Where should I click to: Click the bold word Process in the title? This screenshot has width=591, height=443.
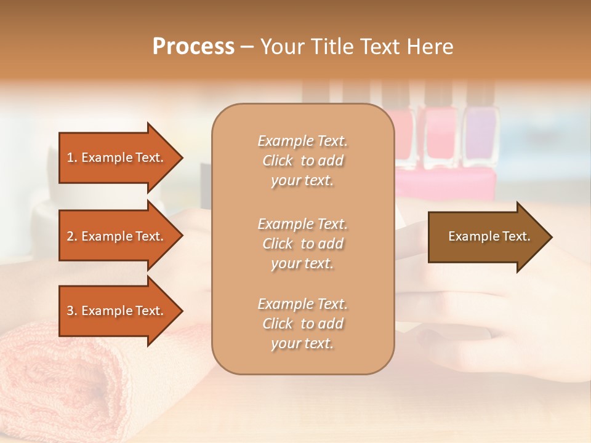[x=193, y=47]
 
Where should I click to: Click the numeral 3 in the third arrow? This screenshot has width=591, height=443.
[x=70, y=311]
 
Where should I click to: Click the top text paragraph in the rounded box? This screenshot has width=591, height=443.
[x=302, y=161]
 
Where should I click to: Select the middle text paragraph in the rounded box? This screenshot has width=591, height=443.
[x=302, y=244]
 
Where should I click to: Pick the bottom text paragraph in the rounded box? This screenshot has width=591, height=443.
[x=302, y=324]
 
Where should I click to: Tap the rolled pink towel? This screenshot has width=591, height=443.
[x=92, y=381]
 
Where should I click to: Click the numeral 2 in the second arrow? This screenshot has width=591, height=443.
[x=70, y=236]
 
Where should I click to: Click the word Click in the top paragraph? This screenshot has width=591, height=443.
[x=278, y=161]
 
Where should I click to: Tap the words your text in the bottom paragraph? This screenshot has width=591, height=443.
[x=302, y=343]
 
